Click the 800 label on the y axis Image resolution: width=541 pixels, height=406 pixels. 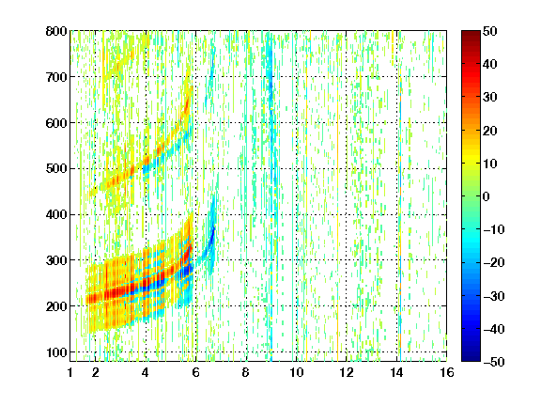point(56,31)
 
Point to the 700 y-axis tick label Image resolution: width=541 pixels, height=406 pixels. point(56,77)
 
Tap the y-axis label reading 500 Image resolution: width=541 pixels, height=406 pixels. point(56,169)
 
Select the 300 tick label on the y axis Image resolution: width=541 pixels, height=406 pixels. point(56,260)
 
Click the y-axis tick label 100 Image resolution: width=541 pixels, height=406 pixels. point(56,352)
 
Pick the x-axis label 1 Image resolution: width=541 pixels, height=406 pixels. point(70,372)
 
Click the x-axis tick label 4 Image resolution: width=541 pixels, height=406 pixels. point(146,372)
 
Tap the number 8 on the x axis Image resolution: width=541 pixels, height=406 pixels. point(245,372)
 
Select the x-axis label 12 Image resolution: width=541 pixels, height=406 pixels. point(346,372)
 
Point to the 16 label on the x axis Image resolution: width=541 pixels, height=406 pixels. point(446,372)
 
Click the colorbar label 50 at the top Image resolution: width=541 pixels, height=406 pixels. point(490,31)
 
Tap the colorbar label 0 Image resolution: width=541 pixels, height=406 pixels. point(487,196)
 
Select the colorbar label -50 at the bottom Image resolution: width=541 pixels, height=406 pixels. point(494,362)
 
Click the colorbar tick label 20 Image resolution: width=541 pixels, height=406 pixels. point(490,131)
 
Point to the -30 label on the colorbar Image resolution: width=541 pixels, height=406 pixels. point(494,296)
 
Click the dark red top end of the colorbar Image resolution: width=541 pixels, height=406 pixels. point(471,33)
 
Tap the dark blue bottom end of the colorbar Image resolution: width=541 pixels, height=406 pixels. point(471,359)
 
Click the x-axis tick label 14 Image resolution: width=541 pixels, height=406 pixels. point(396,372)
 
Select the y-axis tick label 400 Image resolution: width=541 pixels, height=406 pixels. point(56,214)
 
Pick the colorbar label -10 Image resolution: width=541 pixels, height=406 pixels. point(494,229)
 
